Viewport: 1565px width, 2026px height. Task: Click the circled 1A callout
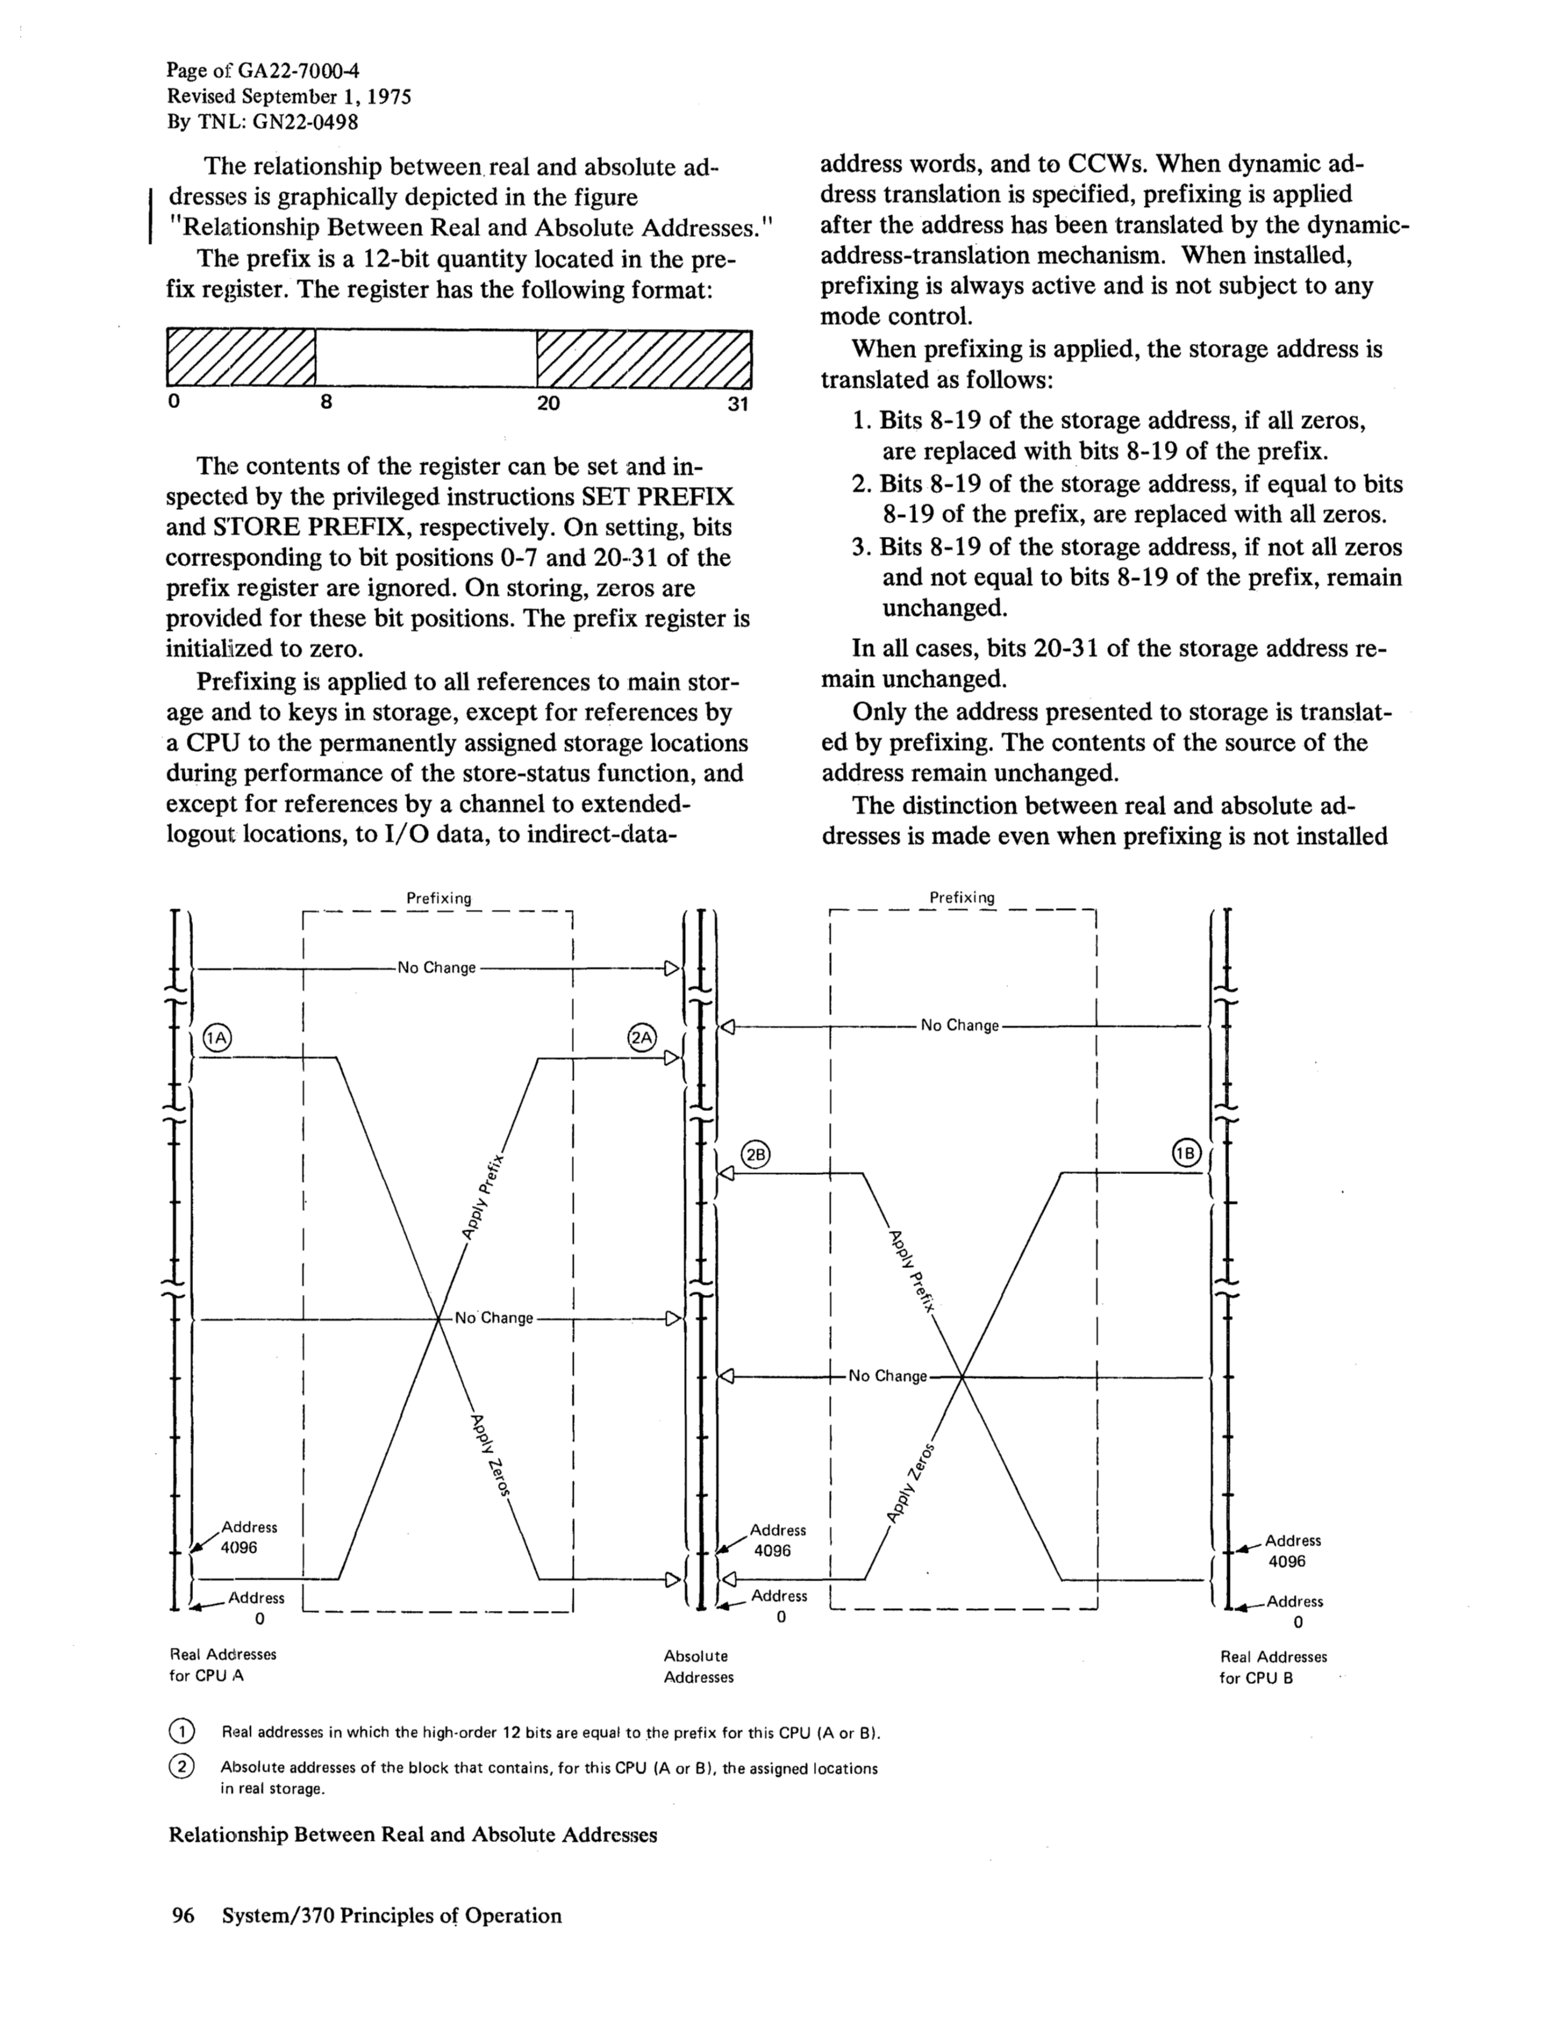click(x=216, y=1038)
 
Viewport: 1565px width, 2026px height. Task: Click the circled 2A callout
click(x=641, y=1037)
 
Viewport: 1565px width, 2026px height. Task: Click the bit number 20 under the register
click(x=548, y=403)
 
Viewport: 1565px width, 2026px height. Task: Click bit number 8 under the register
click(x=326, y=403)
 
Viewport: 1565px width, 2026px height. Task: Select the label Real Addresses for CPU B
click(x=1273, y=1667)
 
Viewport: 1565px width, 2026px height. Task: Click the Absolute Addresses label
click(x=697, y=1666)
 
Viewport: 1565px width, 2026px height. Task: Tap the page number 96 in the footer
click(x=182, y=1915)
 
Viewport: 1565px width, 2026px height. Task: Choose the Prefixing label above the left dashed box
click(x=439, y=898)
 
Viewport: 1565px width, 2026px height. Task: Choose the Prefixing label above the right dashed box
click(x=962, y=897)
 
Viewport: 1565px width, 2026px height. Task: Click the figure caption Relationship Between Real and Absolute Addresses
click(x=413, y=1835)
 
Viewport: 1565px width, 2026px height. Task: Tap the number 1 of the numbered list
click(x=861, y=422)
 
